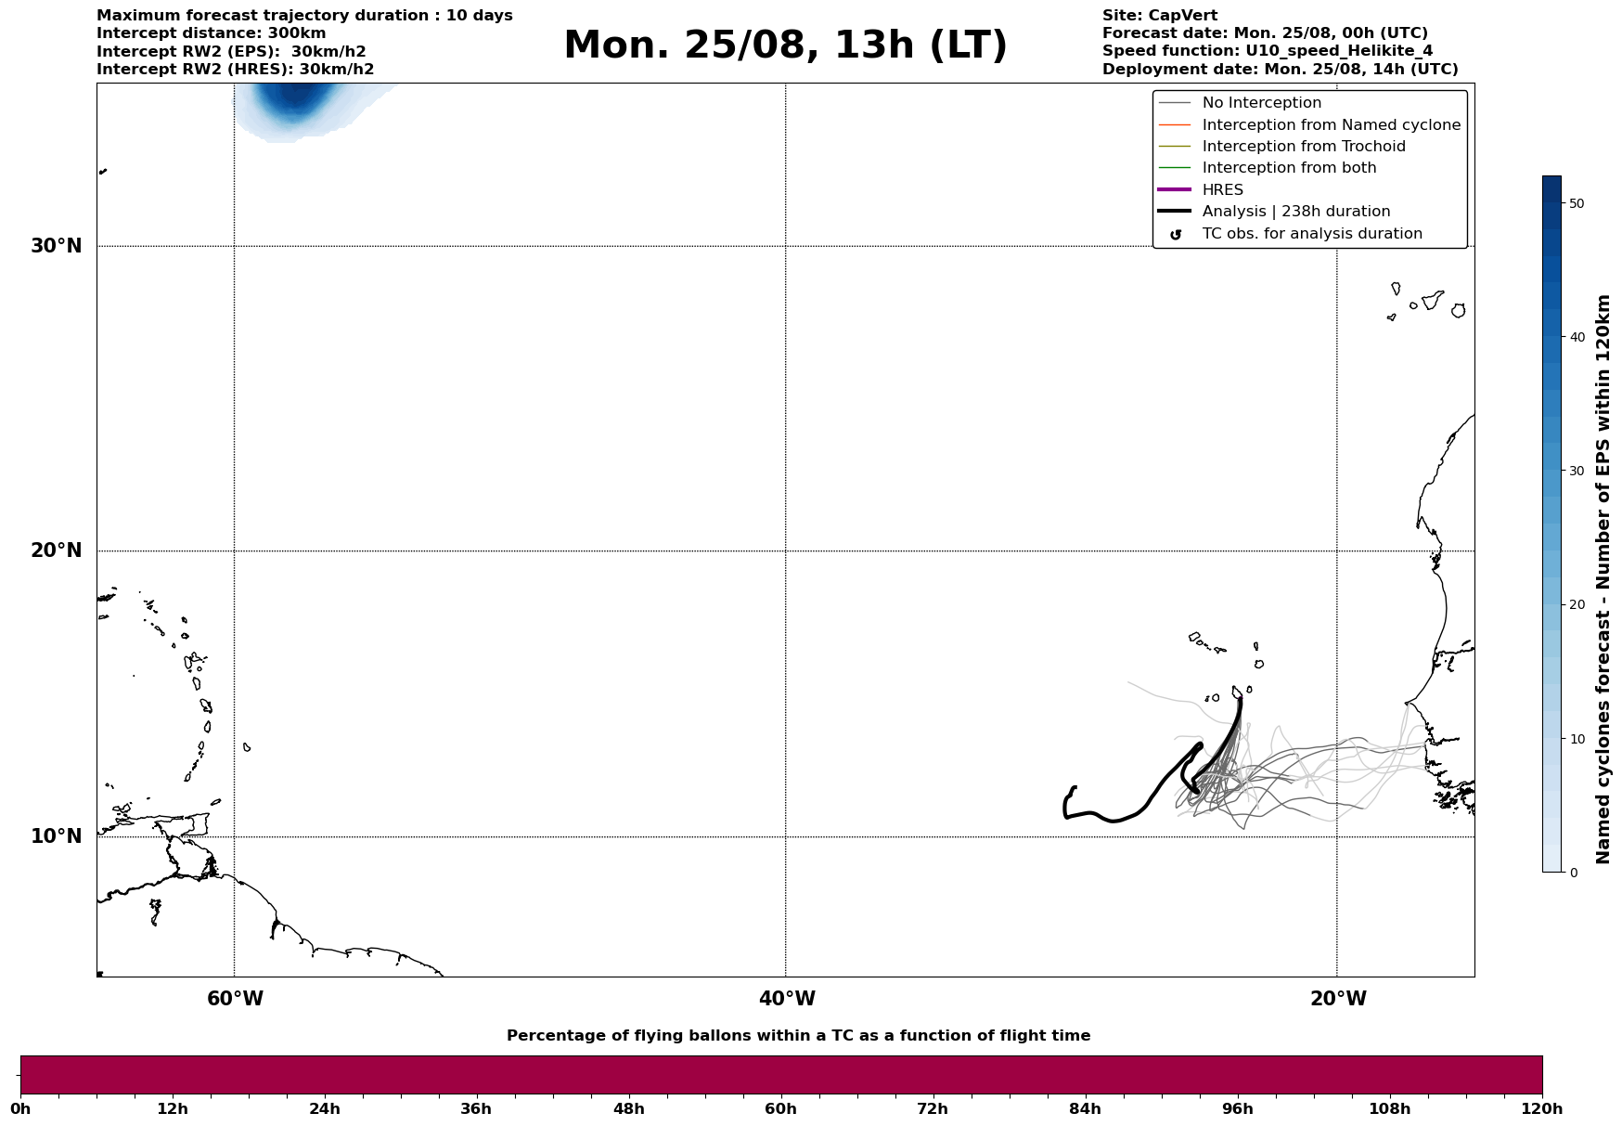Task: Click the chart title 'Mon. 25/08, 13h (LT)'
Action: click(x=785, y=45)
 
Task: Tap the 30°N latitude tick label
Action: click(x=57, y=246)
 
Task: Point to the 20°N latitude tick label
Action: click(x=57, y=550)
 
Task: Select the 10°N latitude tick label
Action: click(x=57, y=836)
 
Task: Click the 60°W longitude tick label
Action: click(x=235, y=999)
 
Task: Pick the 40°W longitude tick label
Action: click(x=787, y=999)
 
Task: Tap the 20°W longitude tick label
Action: click(x=1338, y=999)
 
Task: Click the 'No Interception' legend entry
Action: click(x=1261, y=103)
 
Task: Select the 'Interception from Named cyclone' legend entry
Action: click(x=1331, y=125)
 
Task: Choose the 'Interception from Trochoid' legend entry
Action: click(x=1303, y=147)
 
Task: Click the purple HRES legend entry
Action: click(x=1222, y=190)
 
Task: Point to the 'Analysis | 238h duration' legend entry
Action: click(x=1295, y=212)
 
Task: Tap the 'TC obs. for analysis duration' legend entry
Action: click(x=1311, y=234)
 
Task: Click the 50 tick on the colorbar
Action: click(x=1577, y=203)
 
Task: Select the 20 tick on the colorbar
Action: click(x=1577, y=605)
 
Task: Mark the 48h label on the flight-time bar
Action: click(x=628, y=1108)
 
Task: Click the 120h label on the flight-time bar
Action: click(x=1542, y=1108)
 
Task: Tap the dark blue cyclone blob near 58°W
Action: click(x=294, y=97)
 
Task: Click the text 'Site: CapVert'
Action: click(x=1159, y=16)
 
